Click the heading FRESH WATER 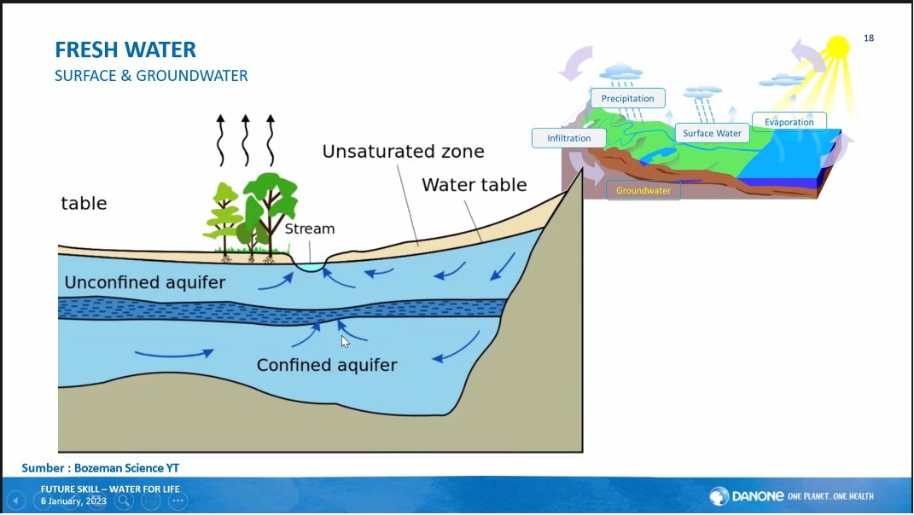(x=125, y=49)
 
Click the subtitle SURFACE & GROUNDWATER (x=151, y=76)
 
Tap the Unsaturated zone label (x=403, y=152)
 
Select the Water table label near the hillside (x=474, y=185)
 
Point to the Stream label (x=309, y=229)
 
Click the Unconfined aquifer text (x=145, y=282)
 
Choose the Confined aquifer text (x=327, y=365)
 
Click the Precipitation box (x=627, y=98)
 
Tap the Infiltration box (x=568, y=138)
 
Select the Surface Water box (x=712, y=133)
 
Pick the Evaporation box (x=789, y=122)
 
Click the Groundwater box (x=643, y=190)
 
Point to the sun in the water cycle (x=838, y=47)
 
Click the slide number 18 (x=869, y=38)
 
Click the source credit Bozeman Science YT (x=101, y=468)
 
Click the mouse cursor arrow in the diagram (x=345, y=341)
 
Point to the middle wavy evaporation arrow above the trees (x=246, y=140)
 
